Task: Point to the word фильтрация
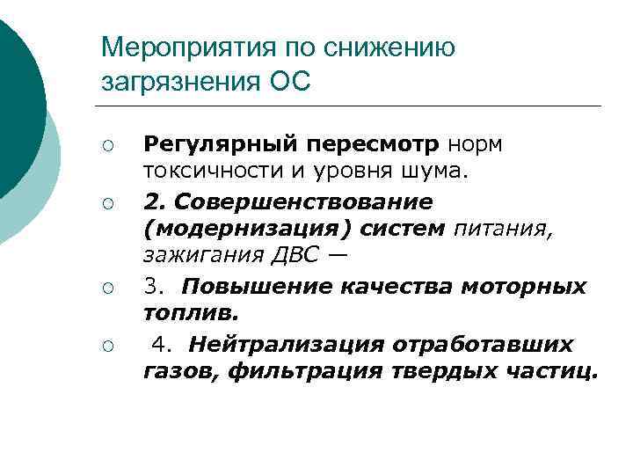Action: [x=303, y=370]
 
